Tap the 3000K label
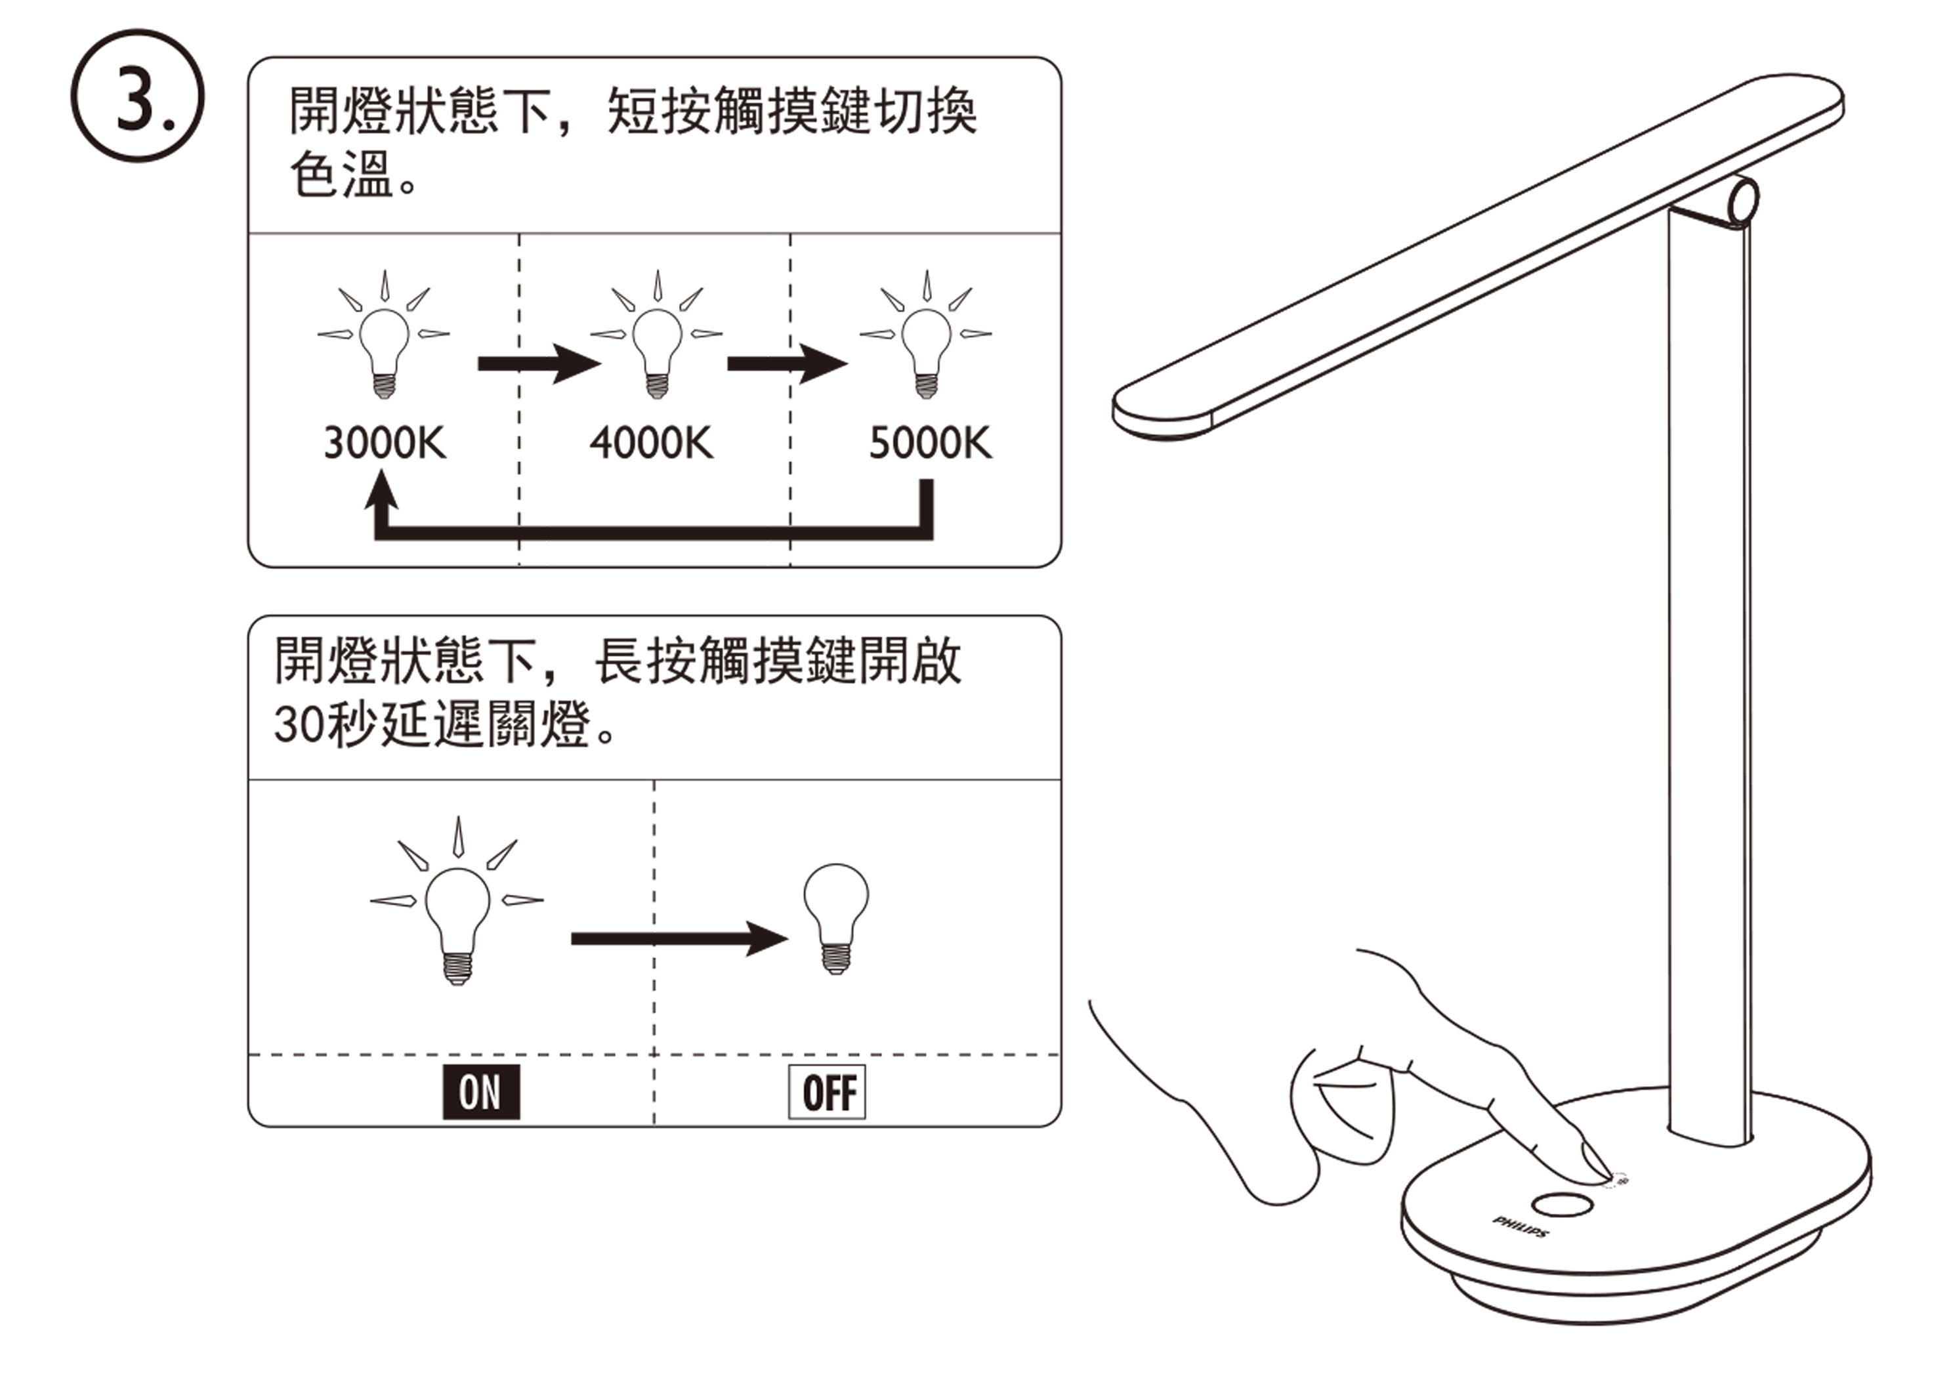(x=385, y=444)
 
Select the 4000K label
(x=652, y=444)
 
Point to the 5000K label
(x=930, y=444)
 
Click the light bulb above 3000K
(x=385, y=349)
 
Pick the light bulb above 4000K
(x=657, y=349)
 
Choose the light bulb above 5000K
(x=927, y=349)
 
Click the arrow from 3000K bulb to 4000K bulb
(x=538, y=364)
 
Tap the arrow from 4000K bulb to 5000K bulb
(x=787, y=364)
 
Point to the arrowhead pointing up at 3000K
(x=381, y=491)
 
